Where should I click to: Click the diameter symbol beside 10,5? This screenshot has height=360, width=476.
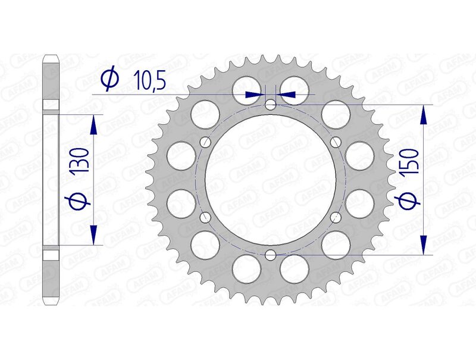tap(109, 80)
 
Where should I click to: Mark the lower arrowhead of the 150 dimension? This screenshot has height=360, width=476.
tap(423, 245)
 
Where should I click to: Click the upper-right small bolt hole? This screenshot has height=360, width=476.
tap(336, 142)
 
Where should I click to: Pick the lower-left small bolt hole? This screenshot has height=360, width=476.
tap(206, 217)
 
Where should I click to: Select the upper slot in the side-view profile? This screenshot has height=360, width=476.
tap(51, 108)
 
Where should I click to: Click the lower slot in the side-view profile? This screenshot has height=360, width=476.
tap(51, 251)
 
